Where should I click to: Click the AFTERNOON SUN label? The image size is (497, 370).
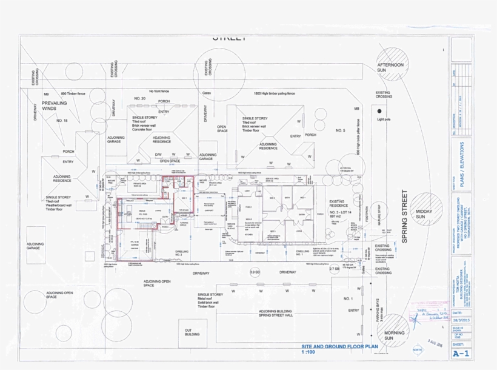(390, 67)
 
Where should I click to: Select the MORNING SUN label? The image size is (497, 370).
(394, 335)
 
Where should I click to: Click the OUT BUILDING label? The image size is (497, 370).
(193, 332)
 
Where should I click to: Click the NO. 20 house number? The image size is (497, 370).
(141, 98)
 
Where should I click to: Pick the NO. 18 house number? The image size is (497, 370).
(62, 121)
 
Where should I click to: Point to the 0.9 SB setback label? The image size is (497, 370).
(255, 272)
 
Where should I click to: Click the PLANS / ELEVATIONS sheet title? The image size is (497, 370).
(462, 165)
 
